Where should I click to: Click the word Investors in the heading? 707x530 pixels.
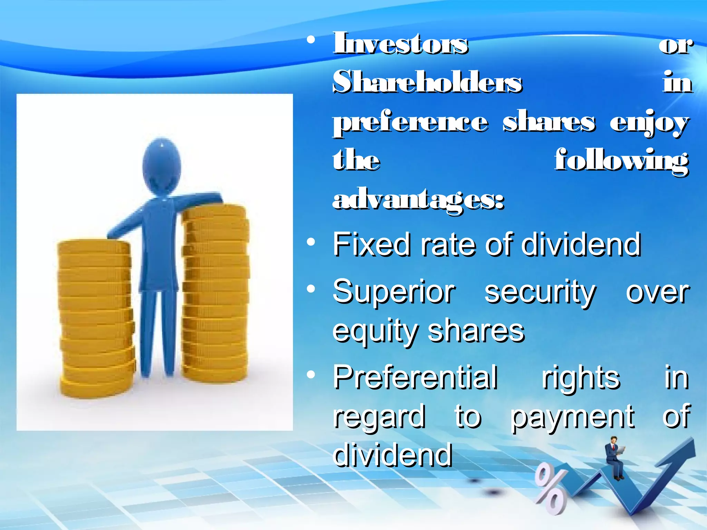(400, 44)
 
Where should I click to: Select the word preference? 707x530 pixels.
(410, 122)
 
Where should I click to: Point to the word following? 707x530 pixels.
(621, 161)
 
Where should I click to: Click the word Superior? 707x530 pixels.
(394, 292)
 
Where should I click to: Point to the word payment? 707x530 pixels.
(572, 417)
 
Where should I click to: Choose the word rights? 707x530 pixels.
(581, 378)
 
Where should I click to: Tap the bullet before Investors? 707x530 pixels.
(311, 41)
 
